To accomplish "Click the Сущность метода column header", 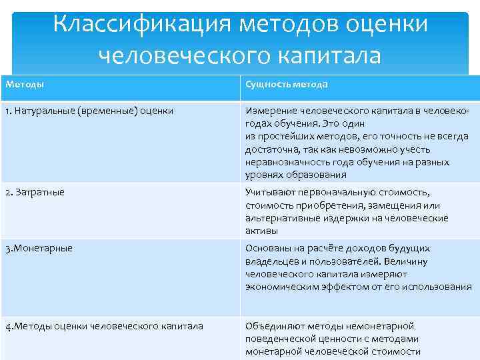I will point(286,85).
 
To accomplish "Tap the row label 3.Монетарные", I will point(39,248).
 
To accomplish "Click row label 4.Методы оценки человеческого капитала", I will point(104,326).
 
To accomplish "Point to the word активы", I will point(261,231).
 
